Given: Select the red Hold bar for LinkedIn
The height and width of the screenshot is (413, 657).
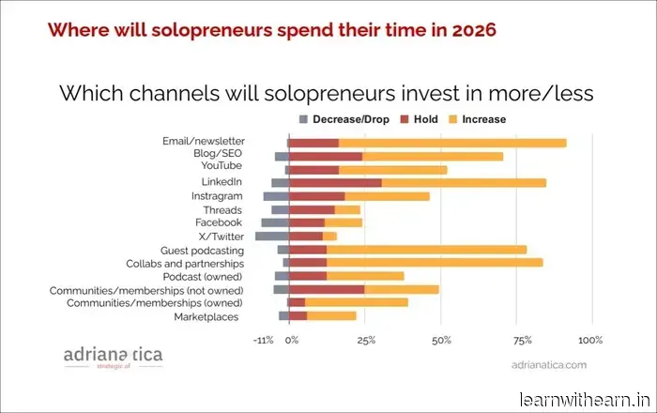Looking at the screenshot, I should pyautogui.click(x=335, y=182).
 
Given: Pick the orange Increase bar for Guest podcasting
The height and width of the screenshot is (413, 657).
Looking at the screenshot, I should pyautogui.click(x=426, y=250).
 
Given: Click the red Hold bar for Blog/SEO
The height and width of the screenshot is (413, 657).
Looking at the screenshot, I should pyautogui.click(x=325, y=156).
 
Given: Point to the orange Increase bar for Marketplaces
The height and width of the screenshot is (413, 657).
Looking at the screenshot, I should pyautogui.click(x=331, y=316).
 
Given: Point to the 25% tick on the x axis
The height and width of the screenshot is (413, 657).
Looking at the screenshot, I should pyautogui.click(x=366, y=339).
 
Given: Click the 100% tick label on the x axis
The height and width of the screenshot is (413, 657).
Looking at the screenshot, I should pyautogui.click(x=590, y=339).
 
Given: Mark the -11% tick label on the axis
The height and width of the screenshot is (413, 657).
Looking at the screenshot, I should pyautogui.click(x=265, y=339).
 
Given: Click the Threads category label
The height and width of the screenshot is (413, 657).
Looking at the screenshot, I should pyautogui.click(x=222, y=209).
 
